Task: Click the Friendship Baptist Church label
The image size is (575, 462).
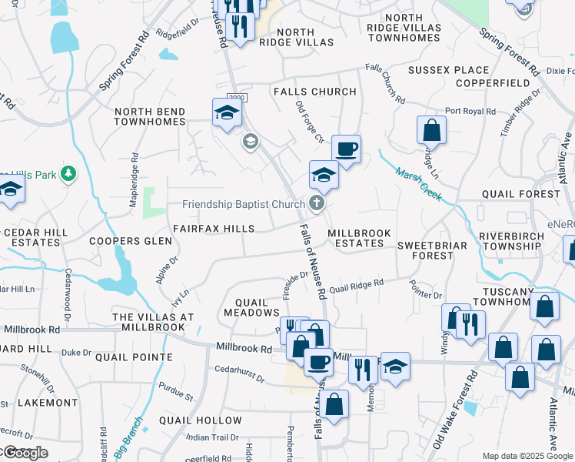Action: click(244, 205)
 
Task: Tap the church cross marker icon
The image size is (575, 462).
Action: click(315, 204)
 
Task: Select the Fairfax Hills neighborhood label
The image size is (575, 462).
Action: click(214, 229)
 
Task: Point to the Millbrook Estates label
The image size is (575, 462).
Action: click(359, 238)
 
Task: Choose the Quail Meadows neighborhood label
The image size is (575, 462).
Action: click(251, 306)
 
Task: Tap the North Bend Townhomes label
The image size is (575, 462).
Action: click(150, 116)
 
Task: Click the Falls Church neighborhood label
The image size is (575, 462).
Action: click(315, 92)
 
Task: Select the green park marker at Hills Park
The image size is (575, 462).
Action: click(69, 174)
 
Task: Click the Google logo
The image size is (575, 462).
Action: click(25, 453)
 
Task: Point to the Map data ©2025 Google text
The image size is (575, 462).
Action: click(528, 456)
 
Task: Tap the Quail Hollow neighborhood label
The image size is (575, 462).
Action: click(201, 420)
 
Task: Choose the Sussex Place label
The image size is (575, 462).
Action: click(448, 70)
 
